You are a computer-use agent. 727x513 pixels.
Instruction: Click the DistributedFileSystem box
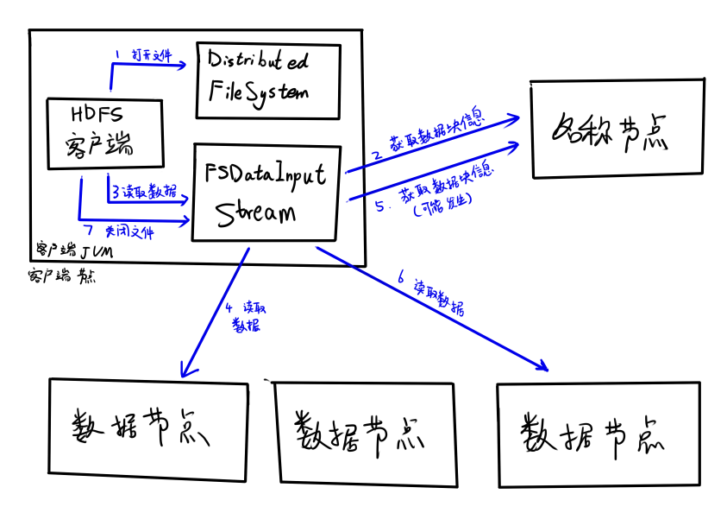point(267,80)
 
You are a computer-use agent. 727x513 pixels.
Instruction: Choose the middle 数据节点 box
point(363,431)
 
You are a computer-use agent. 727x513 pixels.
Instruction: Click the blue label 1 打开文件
point(143,54)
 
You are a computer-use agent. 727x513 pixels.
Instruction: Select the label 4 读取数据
point(245,317)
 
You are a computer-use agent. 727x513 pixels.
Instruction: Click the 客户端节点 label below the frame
point(61,277)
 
